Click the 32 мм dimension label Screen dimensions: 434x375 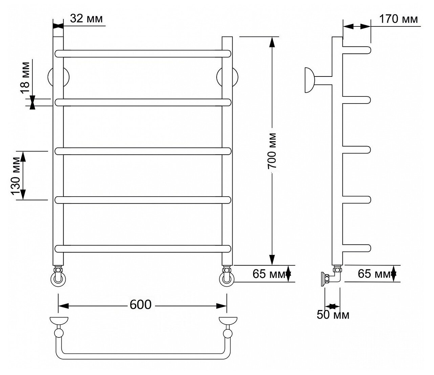[x=86, y=19]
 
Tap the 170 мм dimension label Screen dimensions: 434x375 [x=398, y=19]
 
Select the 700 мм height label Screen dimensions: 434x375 [x=272, y=151]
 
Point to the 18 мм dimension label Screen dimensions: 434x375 [x=25, y=78]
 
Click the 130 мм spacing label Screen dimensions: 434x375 [x=16, y=176]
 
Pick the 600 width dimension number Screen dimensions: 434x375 [x=140, y=305]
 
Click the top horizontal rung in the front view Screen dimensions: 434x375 [x=143, y=53]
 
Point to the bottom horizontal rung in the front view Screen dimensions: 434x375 [x=143, y=249]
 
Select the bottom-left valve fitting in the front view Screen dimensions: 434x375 [x=58, y=276]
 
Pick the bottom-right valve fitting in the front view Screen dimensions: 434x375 [x=227, y=276]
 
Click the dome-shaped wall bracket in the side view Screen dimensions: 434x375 [x=310, y=80]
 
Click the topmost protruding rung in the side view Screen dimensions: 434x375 [x=356, y=50]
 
